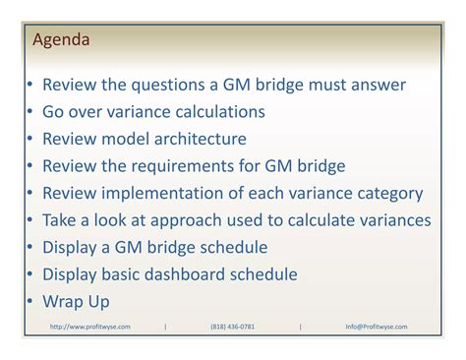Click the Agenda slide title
pos(61,40)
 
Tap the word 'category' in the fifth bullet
pos(388,194)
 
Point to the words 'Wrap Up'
pos(76,302)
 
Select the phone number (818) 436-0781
pos(232,327)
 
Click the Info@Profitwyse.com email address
pos(376,327)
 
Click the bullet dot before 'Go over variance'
pos(31,113)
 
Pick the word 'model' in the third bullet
pos(128,140)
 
